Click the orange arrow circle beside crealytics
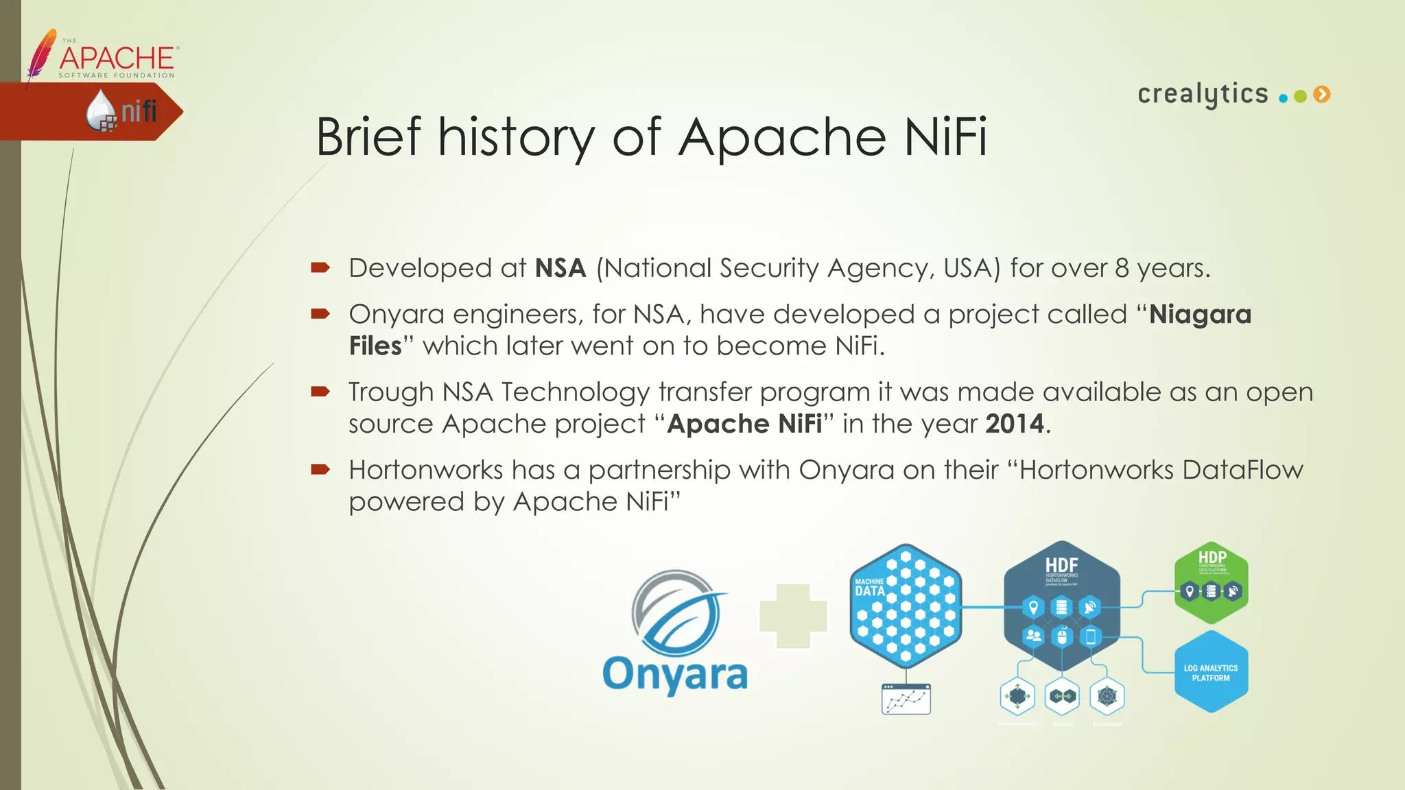1322,95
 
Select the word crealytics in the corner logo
1203,94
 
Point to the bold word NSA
560,268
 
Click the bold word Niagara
1200,315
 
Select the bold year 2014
1015,424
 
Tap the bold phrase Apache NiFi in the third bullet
744,424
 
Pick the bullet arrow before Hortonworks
320,470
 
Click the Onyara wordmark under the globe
675,674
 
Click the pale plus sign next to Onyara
793,616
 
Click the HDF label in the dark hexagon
1061,565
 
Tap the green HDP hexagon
1212,582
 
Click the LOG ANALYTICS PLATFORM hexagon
1211,672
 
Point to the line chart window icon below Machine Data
906,699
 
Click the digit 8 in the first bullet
1122,268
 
